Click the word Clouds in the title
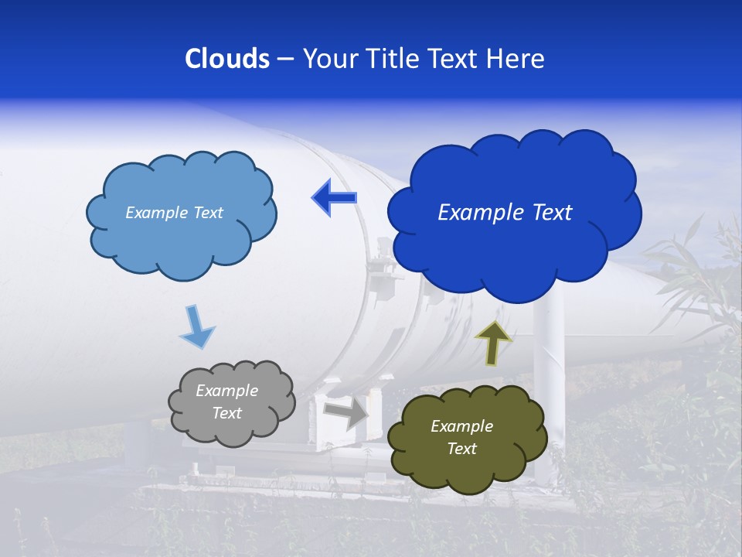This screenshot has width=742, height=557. tap(227, 59)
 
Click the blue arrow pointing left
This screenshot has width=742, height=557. tap(334, 198)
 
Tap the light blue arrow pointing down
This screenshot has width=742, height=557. tap(196, 328)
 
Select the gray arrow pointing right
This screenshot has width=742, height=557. tap(345, 413)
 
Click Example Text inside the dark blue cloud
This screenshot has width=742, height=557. tap(505, 213)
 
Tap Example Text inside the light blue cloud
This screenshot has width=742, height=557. tap(174, 213)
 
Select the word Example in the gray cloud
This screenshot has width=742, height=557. tap(226, 391)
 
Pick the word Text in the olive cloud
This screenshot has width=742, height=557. tap(461, 449)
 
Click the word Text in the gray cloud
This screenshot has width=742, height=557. tap(226, 413)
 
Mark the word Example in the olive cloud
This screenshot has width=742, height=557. tap(461, 426)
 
